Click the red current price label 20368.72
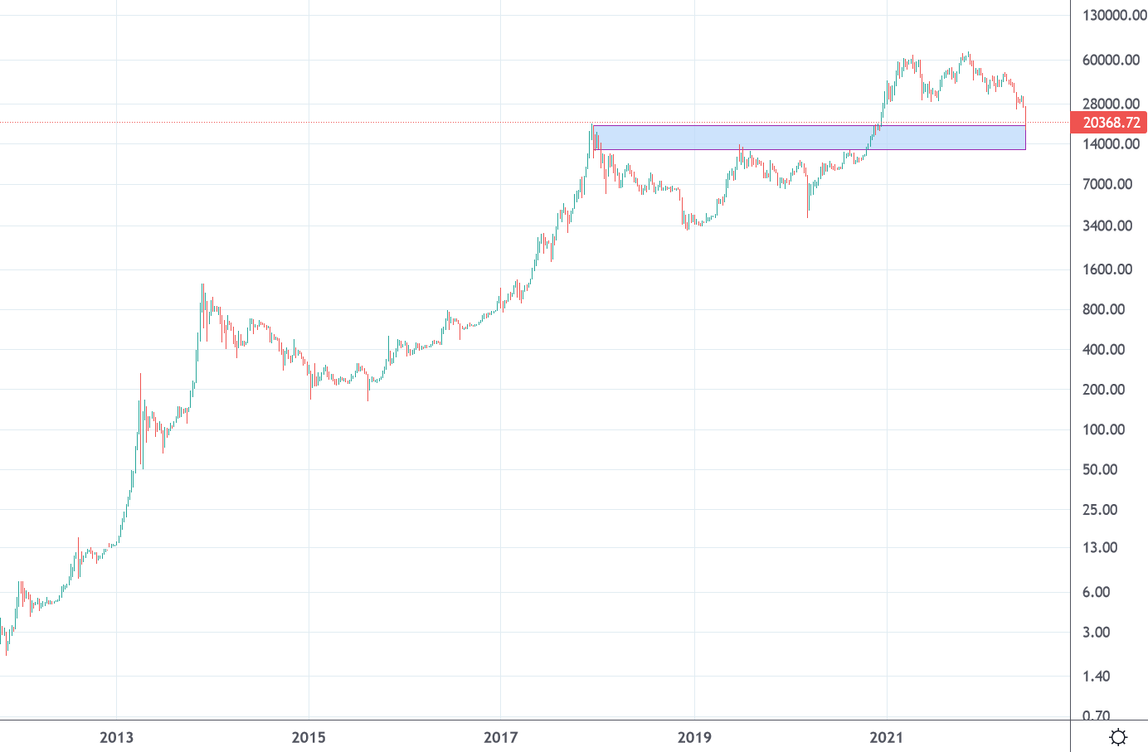1110,123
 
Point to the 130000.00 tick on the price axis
1114,15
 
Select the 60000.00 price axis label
1111,60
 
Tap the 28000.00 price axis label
1111,104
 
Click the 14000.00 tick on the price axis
1111,143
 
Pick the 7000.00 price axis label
1107,184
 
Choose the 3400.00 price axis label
1107,226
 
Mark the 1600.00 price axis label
1107,269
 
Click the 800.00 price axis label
1104,309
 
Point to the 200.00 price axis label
1104,390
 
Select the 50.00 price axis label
1100,469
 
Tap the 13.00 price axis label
1100,547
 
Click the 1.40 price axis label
1097,677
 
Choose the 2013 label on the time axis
116,737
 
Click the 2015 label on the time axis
309,737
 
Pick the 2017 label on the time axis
501,737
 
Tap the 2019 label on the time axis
694,737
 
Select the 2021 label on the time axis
887,737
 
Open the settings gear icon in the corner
1118,737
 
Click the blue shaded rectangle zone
809,138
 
